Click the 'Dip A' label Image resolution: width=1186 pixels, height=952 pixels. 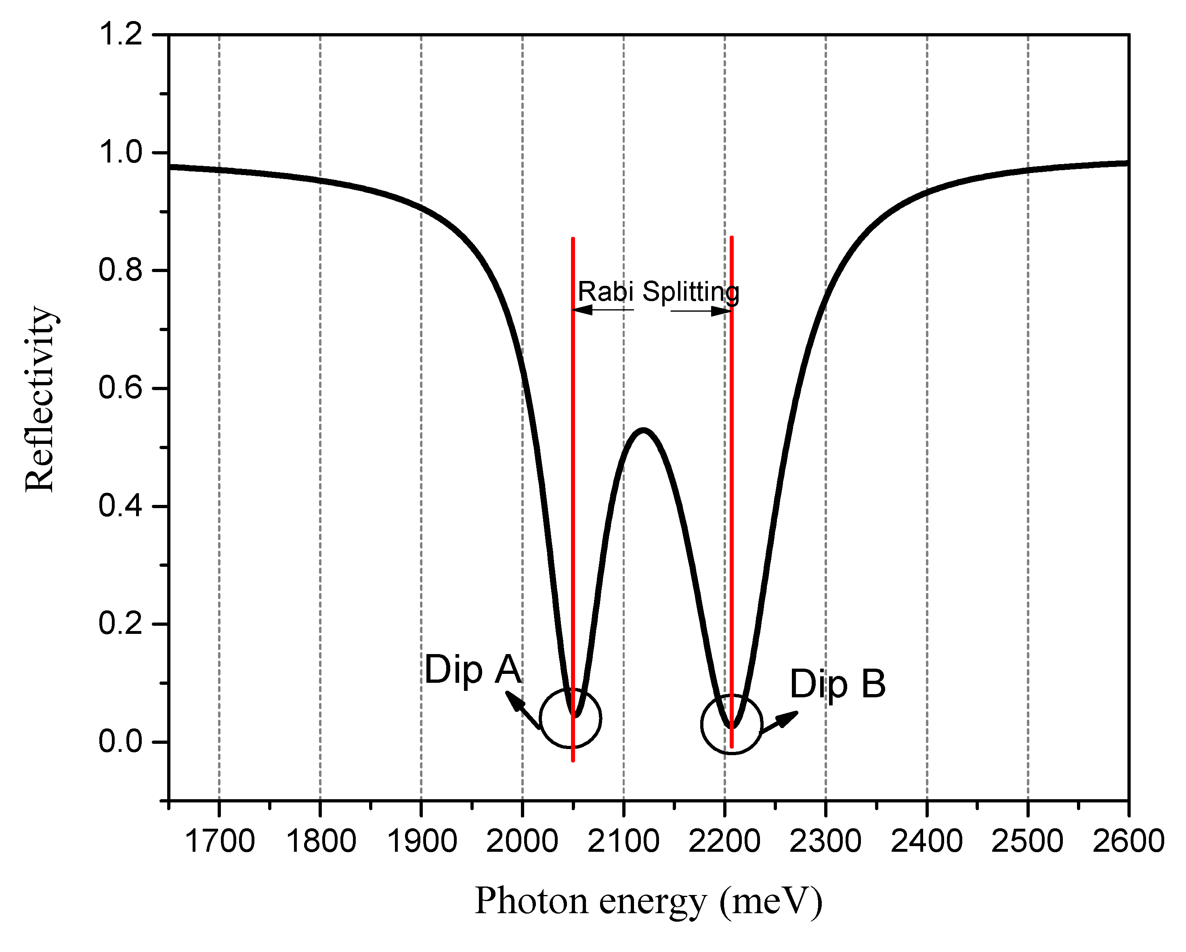pos(472,670)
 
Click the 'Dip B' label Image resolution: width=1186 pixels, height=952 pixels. pos(837,685)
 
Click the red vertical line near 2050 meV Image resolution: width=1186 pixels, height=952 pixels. pos(573,441)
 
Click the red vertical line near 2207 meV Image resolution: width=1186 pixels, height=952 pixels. pos(731,441)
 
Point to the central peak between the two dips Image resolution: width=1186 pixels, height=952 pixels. pos(642,430)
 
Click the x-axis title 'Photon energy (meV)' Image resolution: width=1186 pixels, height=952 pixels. pos(648,901)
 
